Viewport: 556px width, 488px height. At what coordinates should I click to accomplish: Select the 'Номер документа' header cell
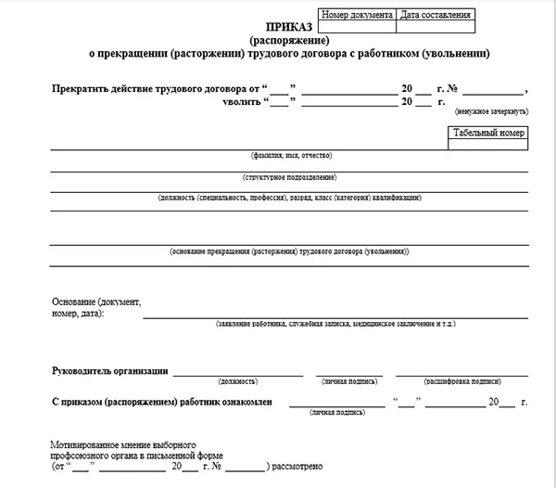(357, 15)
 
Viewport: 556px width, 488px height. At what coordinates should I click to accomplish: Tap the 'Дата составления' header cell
(435, 15)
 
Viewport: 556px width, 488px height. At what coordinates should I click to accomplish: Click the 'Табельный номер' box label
(489, 134)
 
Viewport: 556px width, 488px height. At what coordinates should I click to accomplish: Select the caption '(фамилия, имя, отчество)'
(289, 155)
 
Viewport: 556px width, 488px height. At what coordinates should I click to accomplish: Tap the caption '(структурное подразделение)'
(289, 176)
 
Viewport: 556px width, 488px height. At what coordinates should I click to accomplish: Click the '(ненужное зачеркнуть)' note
(490, 111)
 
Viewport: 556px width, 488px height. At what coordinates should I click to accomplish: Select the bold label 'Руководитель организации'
(109, 371)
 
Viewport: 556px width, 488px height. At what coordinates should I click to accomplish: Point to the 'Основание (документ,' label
(95, 303)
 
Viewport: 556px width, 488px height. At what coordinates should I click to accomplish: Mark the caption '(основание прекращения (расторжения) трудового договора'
(289, 251)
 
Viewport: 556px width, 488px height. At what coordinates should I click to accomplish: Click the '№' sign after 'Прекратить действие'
(454, 89)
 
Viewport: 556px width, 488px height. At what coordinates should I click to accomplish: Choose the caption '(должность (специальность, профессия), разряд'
(289, 198)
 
